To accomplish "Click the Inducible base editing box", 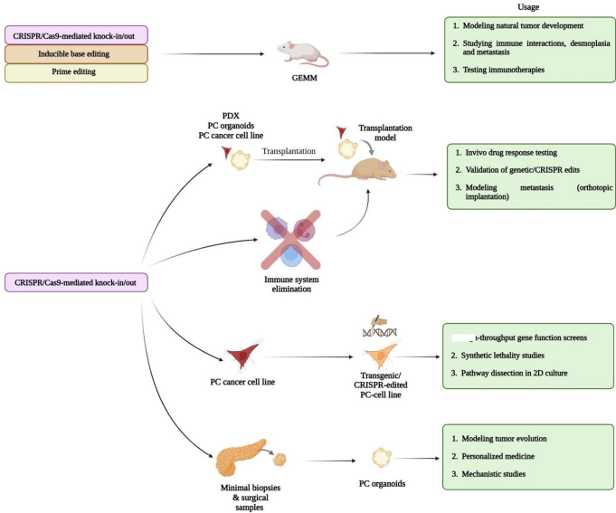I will click(x=76, y=55).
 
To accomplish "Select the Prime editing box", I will click(x=76, y=74).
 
